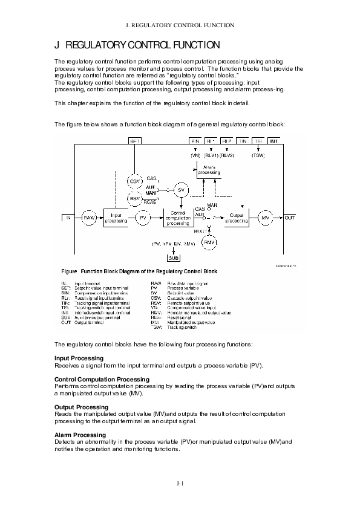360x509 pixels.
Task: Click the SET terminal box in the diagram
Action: click(x=136, y=141)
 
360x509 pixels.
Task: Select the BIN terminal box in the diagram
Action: click(x=195, y=141)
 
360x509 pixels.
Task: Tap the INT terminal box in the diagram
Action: click(x=273, y=141)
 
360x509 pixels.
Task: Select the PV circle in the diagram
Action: click(x=143, y=217)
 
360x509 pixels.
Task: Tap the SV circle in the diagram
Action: click(x=181, y=190)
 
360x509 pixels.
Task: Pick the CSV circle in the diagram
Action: click(x=134, y=181)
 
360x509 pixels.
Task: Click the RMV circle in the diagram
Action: click(x=209, y=242)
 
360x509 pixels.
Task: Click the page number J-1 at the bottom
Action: click(x=180, y=483)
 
